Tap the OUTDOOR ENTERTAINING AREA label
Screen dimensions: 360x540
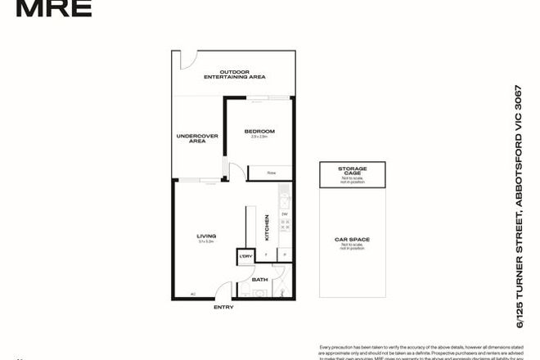(x=232, y=74)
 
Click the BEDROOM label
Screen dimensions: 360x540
(x=259, y=131)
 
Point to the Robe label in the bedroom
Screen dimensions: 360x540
(x=272, y=173)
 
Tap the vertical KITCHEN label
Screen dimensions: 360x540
(x=267, y=227)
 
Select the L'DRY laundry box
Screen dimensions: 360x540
(x=245, y=256)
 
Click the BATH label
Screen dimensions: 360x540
(x=259, y=280)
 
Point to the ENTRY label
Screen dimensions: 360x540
(x=223, y=307)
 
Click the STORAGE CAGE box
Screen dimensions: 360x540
(x=353, y=171)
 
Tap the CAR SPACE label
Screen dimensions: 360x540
(x=353, y=241)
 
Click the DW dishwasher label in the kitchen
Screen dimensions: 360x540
(x=284, y=214)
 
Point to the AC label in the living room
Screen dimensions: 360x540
(x=193, y=294)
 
